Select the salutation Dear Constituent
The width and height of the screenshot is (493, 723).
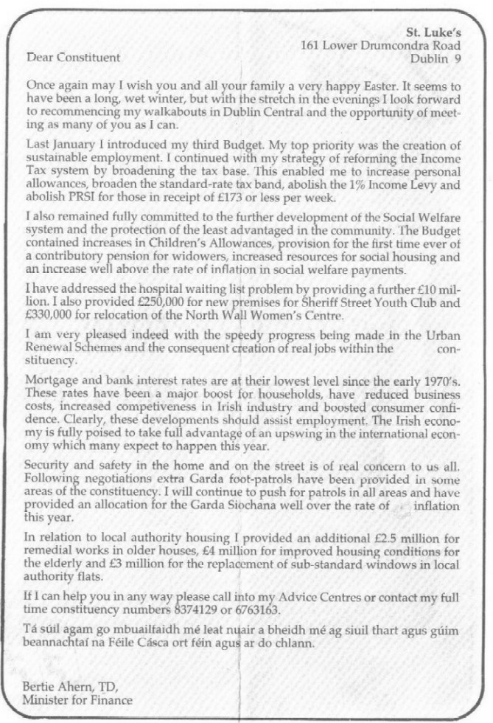[73, 58]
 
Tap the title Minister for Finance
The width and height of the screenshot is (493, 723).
[79, 700]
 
